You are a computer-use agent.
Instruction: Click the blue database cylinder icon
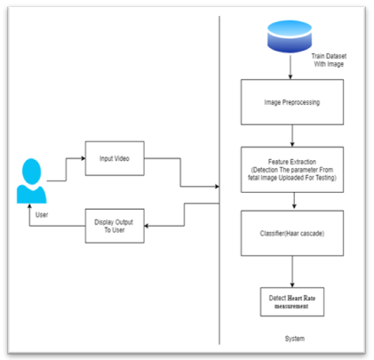pyautogui.click(x=290, y=36)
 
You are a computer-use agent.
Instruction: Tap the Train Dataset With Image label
pyautogui.click(x=329, y=60)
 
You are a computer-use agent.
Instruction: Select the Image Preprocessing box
pyautogui.click(x=292, y=102)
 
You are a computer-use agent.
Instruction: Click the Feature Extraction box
pyautogui.click(x=292, y=170)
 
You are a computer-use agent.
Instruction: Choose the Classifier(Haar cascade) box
pyautogui.click(x=292, y=233)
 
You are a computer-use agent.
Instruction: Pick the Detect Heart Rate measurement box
pyautogui.click(x=292, y=301)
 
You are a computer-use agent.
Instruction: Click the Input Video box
pyautogui.click(x=115, y=158)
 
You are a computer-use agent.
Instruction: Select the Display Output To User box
pyautogui.click(x=115, y=226)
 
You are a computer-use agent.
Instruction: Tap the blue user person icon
pyautogui.click(x=31, y=181)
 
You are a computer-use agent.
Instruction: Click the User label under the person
pyautogui.click(x=42, y=215)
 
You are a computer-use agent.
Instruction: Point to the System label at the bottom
pyautogui.click(x=295, y=339)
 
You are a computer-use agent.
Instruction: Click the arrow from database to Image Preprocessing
pyautogui.click(x=290, y=67)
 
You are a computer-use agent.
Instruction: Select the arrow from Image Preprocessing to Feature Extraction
pyautogui.click(x=292, y=136)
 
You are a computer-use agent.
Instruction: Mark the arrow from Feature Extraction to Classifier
pyautogui.click(x=294, y=201)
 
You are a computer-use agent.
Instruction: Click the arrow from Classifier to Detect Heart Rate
pyautogui.click(x=292, y=271)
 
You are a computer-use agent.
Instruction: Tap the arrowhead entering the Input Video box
pyautogui.click(x=84, y=158)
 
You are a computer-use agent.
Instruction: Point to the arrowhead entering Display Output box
pyautogui.click(x=147, y=226)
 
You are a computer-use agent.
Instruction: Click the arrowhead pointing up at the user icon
pyautogui.click(x=29, y=206)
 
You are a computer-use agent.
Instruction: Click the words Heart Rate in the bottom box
pyautogui.click(x=301, y=298)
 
